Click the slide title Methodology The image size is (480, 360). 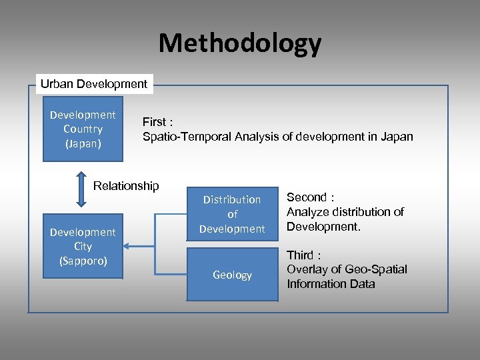click(240, 43)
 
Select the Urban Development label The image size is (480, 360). click(94, 84)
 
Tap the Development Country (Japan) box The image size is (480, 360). click(83, 129)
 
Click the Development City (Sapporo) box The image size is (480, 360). click(83, 246)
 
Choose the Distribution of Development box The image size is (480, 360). click(232, 214)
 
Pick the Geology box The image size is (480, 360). click(232, 275)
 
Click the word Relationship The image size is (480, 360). click(126, 186)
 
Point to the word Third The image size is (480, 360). click(300, 255)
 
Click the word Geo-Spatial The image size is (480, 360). click(376, 269)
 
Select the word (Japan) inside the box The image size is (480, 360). click(83, 143)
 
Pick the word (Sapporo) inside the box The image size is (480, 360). click(83, 261)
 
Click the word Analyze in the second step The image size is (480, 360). click(307, 212)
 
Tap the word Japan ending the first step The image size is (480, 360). click(397, 137)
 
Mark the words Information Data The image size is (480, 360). click(331, 284)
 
